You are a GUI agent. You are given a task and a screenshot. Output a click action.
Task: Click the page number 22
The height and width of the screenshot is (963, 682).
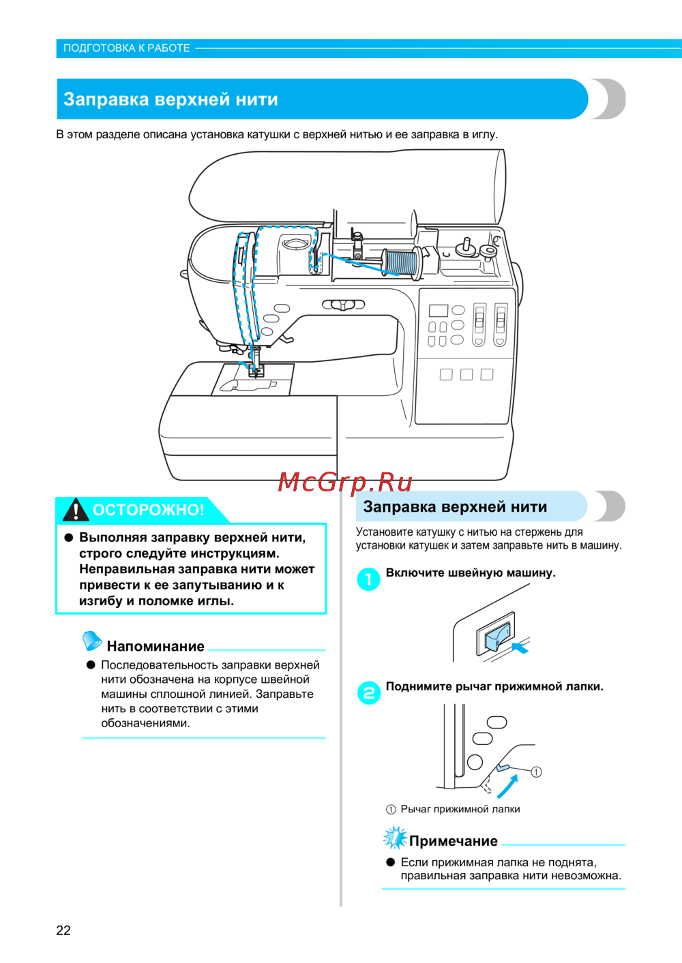pos(63,930)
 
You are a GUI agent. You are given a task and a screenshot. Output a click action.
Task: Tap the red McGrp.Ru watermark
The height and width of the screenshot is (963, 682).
pos(345,483)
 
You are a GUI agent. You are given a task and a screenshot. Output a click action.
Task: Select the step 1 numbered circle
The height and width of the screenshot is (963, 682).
pos(369,579)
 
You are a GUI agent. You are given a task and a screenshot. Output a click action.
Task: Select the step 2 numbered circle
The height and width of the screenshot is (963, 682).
pos(369,693)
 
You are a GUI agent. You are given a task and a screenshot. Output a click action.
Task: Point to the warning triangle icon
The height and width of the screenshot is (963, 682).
pos(75,510)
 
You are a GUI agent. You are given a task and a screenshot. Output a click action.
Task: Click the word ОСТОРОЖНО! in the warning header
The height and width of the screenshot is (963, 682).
pos(148,510)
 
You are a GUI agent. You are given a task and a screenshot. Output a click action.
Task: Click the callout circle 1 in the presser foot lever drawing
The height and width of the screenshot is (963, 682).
pos(537,771)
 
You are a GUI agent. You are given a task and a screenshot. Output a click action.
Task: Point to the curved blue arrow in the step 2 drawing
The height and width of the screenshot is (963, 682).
pos(507,786)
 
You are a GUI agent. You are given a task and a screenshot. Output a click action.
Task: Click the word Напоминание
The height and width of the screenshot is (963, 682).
pos(155,646)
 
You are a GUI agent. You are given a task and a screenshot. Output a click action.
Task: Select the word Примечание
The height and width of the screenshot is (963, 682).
pos(454,841)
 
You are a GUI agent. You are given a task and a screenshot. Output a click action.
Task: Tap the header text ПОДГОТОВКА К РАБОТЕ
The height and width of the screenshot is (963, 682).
pos(127,48)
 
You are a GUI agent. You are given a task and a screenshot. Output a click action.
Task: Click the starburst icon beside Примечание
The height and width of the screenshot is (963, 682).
pos(395,838)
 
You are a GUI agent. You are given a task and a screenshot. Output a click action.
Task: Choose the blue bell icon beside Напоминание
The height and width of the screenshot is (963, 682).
pos(91,641)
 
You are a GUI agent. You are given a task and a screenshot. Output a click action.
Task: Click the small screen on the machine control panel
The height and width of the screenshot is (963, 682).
pos(438,311)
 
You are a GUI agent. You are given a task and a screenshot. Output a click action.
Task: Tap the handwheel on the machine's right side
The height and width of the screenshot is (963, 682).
pos(519,286)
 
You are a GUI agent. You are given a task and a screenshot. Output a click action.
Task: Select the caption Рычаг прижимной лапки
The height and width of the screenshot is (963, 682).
pos(460,809)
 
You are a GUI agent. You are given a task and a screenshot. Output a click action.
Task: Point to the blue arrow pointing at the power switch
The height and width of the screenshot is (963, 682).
pos(520,646)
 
